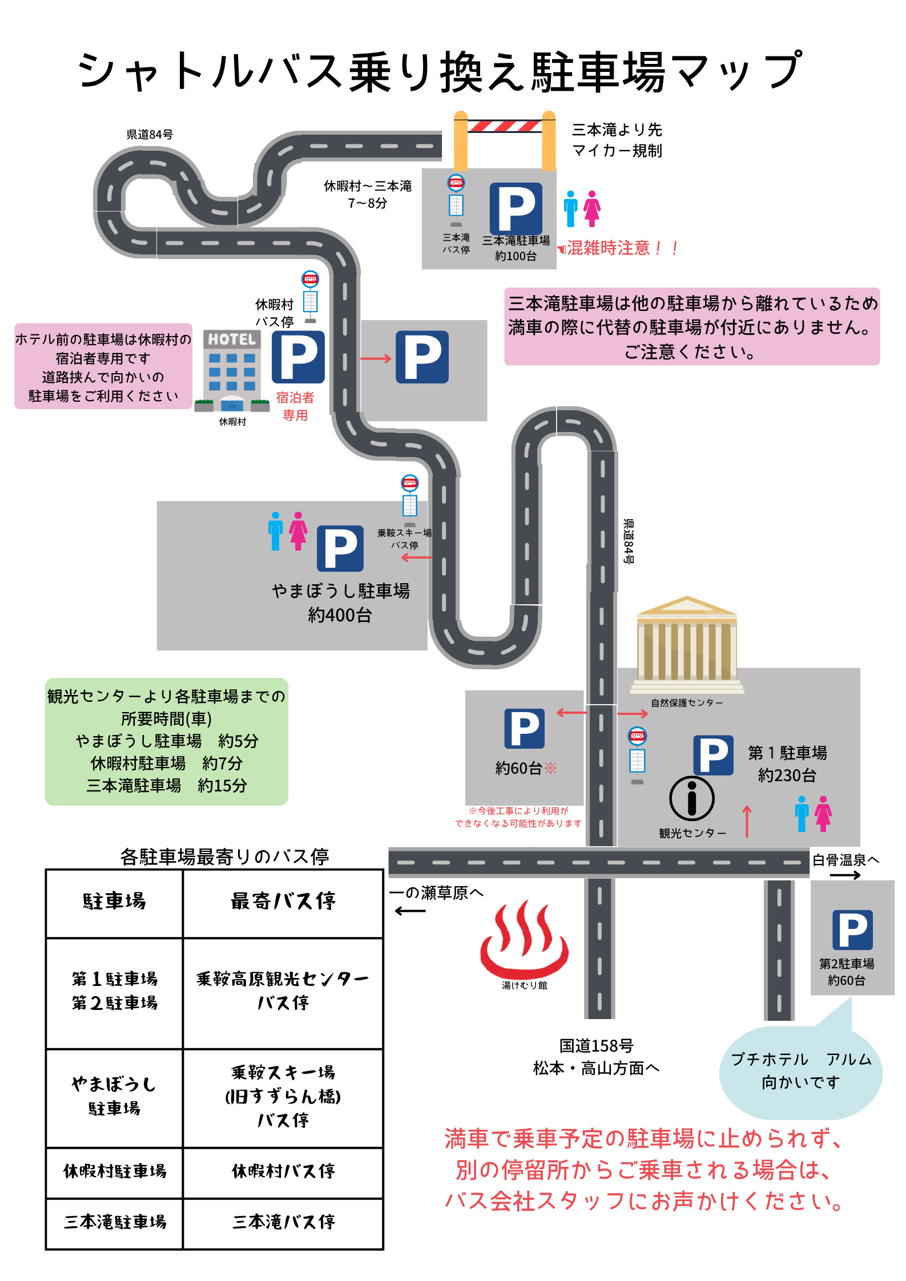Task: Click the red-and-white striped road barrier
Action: click(x=505, y=126)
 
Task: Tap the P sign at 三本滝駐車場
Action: click(x=516, y=208)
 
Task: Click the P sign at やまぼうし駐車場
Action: click(x=340, y=548)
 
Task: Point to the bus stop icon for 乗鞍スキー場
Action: click(x=410, y=500)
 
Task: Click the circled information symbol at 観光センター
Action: click(x=691, y=798)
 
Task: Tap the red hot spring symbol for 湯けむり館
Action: click(x=524, y=939)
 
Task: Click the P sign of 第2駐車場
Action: click(x=852, y=930)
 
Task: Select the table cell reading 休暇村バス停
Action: click(x=283, y=1171)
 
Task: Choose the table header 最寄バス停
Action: click(x=283, y=901)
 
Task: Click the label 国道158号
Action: click(x=596, y=1045)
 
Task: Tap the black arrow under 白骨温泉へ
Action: click(x=845, y=875)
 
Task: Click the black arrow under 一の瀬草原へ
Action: click(x=410, y=911)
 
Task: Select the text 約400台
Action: click(x=340, y=615)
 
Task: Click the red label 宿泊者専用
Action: click(x=295, y=406)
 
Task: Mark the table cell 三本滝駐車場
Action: click(x=115, y=1222)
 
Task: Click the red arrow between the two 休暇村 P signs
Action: click(x=376, y=358)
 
